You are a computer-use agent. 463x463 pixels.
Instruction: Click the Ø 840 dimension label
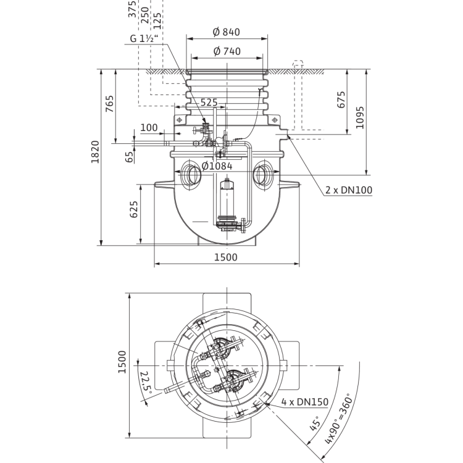[227, 32]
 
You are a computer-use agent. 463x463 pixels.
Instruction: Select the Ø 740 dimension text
[227, 51]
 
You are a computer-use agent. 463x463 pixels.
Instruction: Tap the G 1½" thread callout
[144, 38]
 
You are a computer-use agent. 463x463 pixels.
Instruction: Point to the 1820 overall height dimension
[95, 152]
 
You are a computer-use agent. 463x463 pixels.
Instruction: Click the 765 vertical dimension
[109, 104]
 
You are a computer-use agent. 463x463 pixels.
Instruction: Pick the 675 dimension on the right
[341, 100]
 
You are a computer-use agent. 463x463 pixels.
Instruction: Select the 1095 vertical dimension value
[360, 117]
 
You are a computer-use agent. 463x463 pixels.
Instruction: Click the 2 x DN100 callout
[349, 190]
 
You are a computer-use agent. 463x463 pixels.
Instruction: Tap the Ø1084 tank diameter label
[217, 166]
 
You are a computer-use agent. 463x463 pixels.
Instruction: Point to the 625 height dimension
[134, 209]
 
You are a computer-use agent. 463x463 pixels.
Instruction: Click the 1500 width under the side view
[225, 257]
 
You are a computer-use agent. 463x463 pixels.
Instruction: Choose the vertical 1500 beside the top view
[122, 362]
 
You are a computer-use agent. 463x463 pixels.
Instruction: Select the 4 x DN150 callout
[305, 402]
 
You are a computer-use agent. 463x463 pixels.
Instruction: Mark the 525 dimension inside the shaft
[209, 102]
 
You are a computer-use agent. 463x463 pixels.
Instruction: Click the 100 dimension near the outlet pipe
[149, 128]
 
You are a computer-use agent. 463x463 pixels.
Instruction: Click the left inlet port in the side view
[191, 175]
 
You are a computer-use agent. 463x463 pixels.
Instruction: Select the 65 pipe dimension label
[130, 157]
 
